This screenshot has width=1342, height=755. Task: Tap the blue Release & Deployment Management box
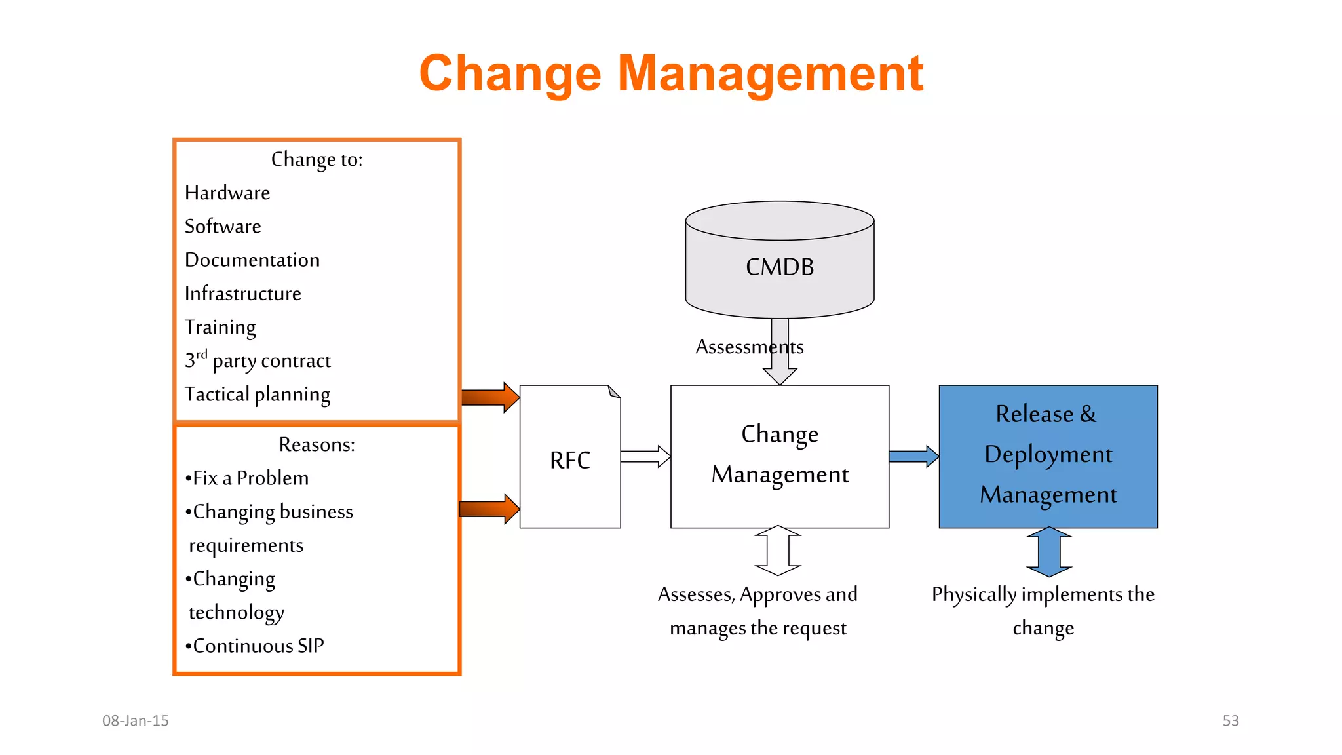click(1048, 455)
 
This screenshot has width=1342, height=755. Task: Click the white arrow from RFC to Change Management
click(645, 456)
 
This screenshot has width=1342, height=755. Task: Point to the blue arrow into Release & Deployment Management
click(913, 456)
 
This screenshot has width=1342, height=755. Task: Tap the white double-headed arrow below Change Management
click(778, 551)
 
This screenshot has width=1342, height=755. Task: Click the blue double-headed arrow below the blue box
click(1049, 552)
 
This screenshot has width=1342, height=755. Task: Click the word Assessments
click(748, 346)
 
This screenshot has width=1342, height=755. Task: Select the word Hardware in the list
click(227, 193)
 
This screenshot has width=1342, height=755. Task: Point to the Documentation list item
click(252, 260)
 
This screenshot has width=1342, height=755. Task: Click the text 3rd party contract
click(258, 360)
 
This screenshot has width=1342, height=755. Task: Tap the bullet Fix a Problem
click(247, 478)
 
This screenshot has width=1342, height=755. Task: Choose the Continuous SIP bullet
click(255, 646)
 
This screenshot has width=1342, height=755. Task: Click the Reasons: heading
click(316, 444)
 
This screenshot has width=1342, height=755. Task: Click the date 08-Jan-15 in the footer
click(135, 720)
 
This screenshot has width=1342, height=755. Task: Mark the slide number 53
click(1230, 720)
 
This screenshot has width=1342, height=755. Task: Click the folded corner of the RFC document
click(614, 392)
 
